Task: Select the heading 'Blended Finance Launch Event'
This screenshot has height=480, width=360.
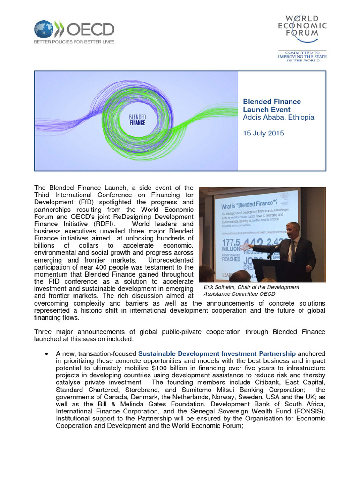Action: pyautogui.click(x=271, y=105)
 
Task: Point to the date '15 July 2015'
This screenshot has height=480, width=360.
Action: pyautogui.click(x=263, y=133)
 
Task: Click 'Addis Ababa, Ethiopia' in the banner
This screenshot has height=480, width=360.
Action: pyautogui.click(x=278, y=117)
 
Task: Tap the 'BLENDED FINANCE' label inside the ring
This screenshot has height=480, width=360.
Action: pyautogui.click(x=137, y=119)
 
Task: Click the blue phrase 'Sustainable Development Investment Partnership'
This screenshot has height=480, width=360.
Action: pyautogui.click(x=217, y=353)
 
